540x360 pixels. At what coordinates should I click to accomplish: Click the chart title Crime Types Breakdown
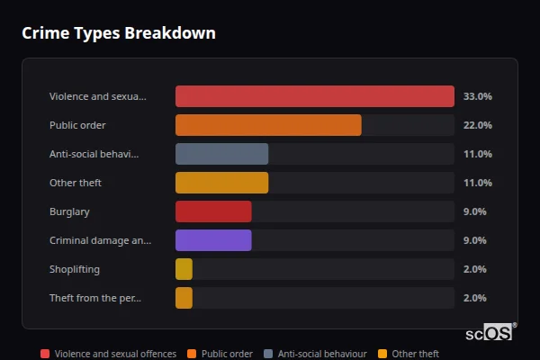(118, 33)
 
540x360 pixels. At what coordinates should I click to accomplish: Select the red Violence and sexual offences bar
(314, 96)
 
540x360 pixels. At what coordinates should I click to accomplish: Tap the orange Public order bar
(268, 125)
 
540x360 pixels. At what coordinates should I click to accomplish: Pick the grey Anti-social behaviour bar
(221, 154)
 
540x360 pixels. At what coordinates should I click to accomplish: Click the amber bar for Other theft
(221, 183)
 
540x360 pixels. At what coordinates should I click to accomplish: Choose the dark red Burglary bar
(213, 211)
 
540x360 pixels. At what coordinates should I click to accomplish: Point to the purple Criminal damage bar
(213, 240)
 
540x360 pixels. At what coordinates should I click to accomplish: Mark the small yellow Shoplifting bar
(184, 269)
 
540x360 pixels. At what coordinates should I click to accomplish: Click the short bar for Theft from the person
(184, 298)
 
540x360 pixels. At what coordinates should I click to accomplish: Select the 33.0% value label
(477, 96)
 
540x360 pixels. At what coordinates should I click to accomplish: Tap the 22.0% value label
(477, 125)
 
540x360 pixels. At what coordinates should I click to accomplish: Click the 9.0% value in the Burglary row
(474, 211)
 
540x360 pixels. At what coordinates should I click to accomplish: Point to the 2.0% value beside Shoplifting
(474, 269)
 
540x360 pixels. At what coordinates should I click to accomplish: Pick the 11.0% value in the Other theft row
(477, 183)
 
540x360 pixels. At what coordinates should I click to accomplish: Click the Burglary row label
(69, 211)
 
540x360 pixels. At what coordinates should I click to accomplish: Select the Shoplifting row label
(74, 269)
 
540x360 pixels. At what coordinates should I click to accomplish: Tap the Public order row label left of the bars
(77, 125)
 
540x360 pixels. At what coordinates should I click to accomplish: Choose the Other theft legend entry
(409, 354)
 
